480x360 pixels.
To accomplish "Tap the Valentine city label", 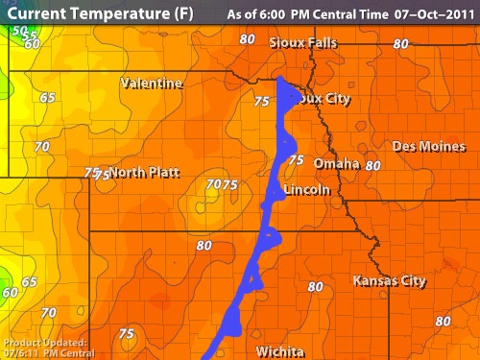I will click(152, 84).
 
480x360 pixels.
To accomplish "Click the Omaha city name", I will click(336, 163).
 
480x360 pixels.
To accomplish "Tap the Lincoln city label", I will click(307, 190).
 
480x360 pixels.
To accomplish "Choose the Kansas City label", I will click(389, 281).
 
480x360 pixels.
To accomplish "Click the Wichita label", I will click(280, 351).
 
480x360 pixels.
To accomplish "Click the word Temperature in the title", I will click(112, 14).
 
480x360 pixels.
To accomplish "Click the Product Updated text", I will click(44, 343).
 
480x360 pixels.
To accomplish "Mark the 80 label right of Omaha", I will click(373, 165).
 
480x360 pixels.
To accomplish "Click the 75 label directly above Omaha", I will click(297, 160).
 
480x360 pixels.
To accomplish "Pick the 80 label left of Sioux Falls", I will click(248, 39).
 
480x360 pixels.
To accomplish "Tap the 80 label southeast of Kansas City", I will click(443, 321).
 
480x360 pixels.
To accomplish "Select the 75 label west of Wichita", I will click(126, 333).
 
